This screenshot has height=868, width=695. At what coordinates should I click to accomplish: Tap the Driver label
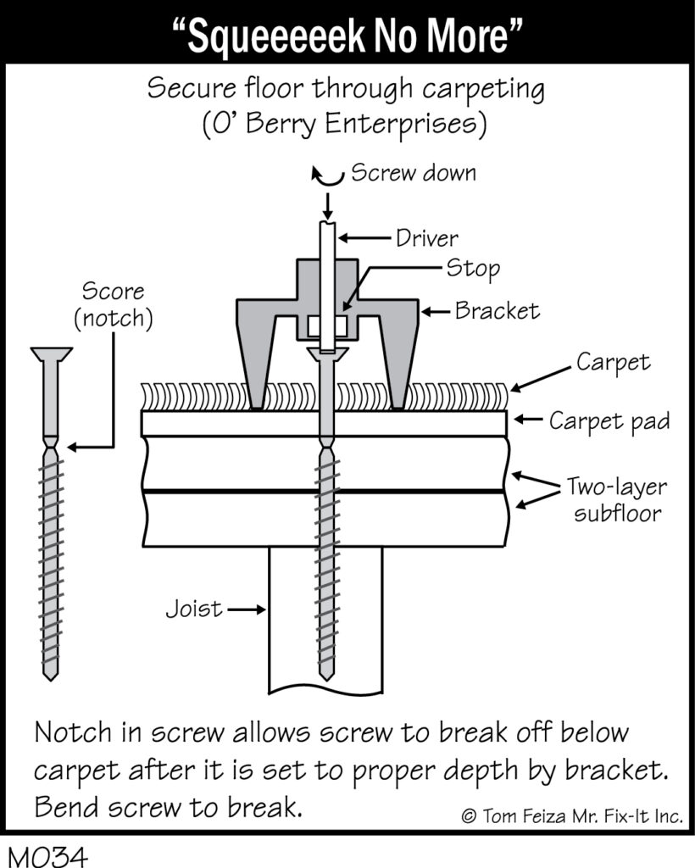(426, 238)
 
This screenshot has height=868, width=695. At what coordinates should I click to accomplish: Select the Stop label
(473, 268)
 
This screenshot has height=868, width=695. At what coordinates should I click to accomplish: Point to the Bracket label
(497, 310)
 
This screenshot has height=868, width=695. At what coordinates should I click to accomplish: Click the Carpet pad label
(609, 421)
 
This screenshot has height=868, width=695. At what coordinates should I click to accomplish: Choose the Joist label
(194, 609)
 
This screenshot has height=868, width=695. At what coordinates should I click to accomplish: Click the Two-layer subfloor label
(617, 500)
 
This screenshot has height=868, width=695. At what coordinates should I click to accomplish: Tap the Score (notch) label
(114, 305)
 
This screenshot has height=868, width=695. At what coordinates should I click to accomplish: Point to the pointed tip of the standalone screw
(50, 677)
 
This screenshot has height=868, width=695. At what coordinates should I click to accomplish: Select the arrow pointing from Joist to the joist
(247, 609)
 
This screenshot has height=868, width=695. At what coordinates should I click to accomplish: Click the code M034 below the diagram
(48, 856)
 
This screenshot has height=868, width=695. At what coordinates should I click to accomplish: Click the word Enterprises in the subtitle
(406, 124)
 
